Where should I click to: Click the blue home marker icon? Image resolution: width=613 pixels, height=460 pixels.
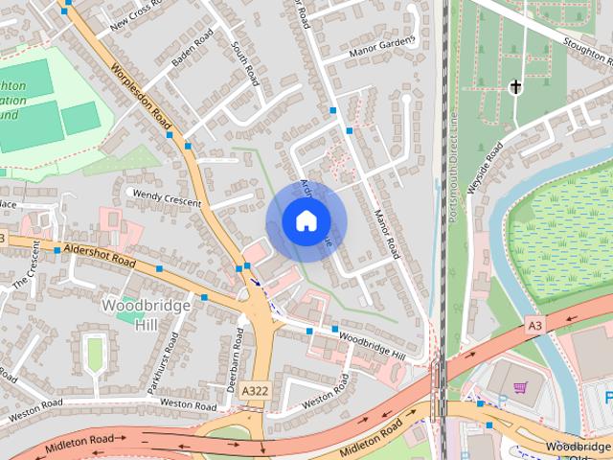click(306, 220)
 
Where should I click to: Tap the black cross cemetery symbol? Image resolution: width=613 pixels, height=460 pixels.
click(515, 88)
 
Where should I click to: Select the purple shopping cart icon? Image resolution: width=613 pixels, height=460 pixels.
click(520, 388)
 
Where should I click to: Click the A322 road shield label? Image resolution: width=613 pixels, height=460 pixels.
click(255, 391)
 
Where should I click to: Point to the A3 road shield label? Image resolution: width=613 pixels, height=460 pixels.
click(535, 327)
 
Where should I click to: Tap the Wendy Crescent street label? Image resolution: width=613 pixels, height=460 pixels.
click(168, 197)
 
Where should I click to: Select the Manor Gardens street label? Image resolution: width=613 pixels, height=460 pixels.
click(383, 45)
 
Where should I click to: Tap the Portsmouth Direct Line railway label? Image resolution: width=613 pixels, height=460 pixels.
click(453, 163)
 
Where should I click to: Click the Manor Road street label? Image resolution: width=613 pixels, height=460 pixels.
click(385, 234)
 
